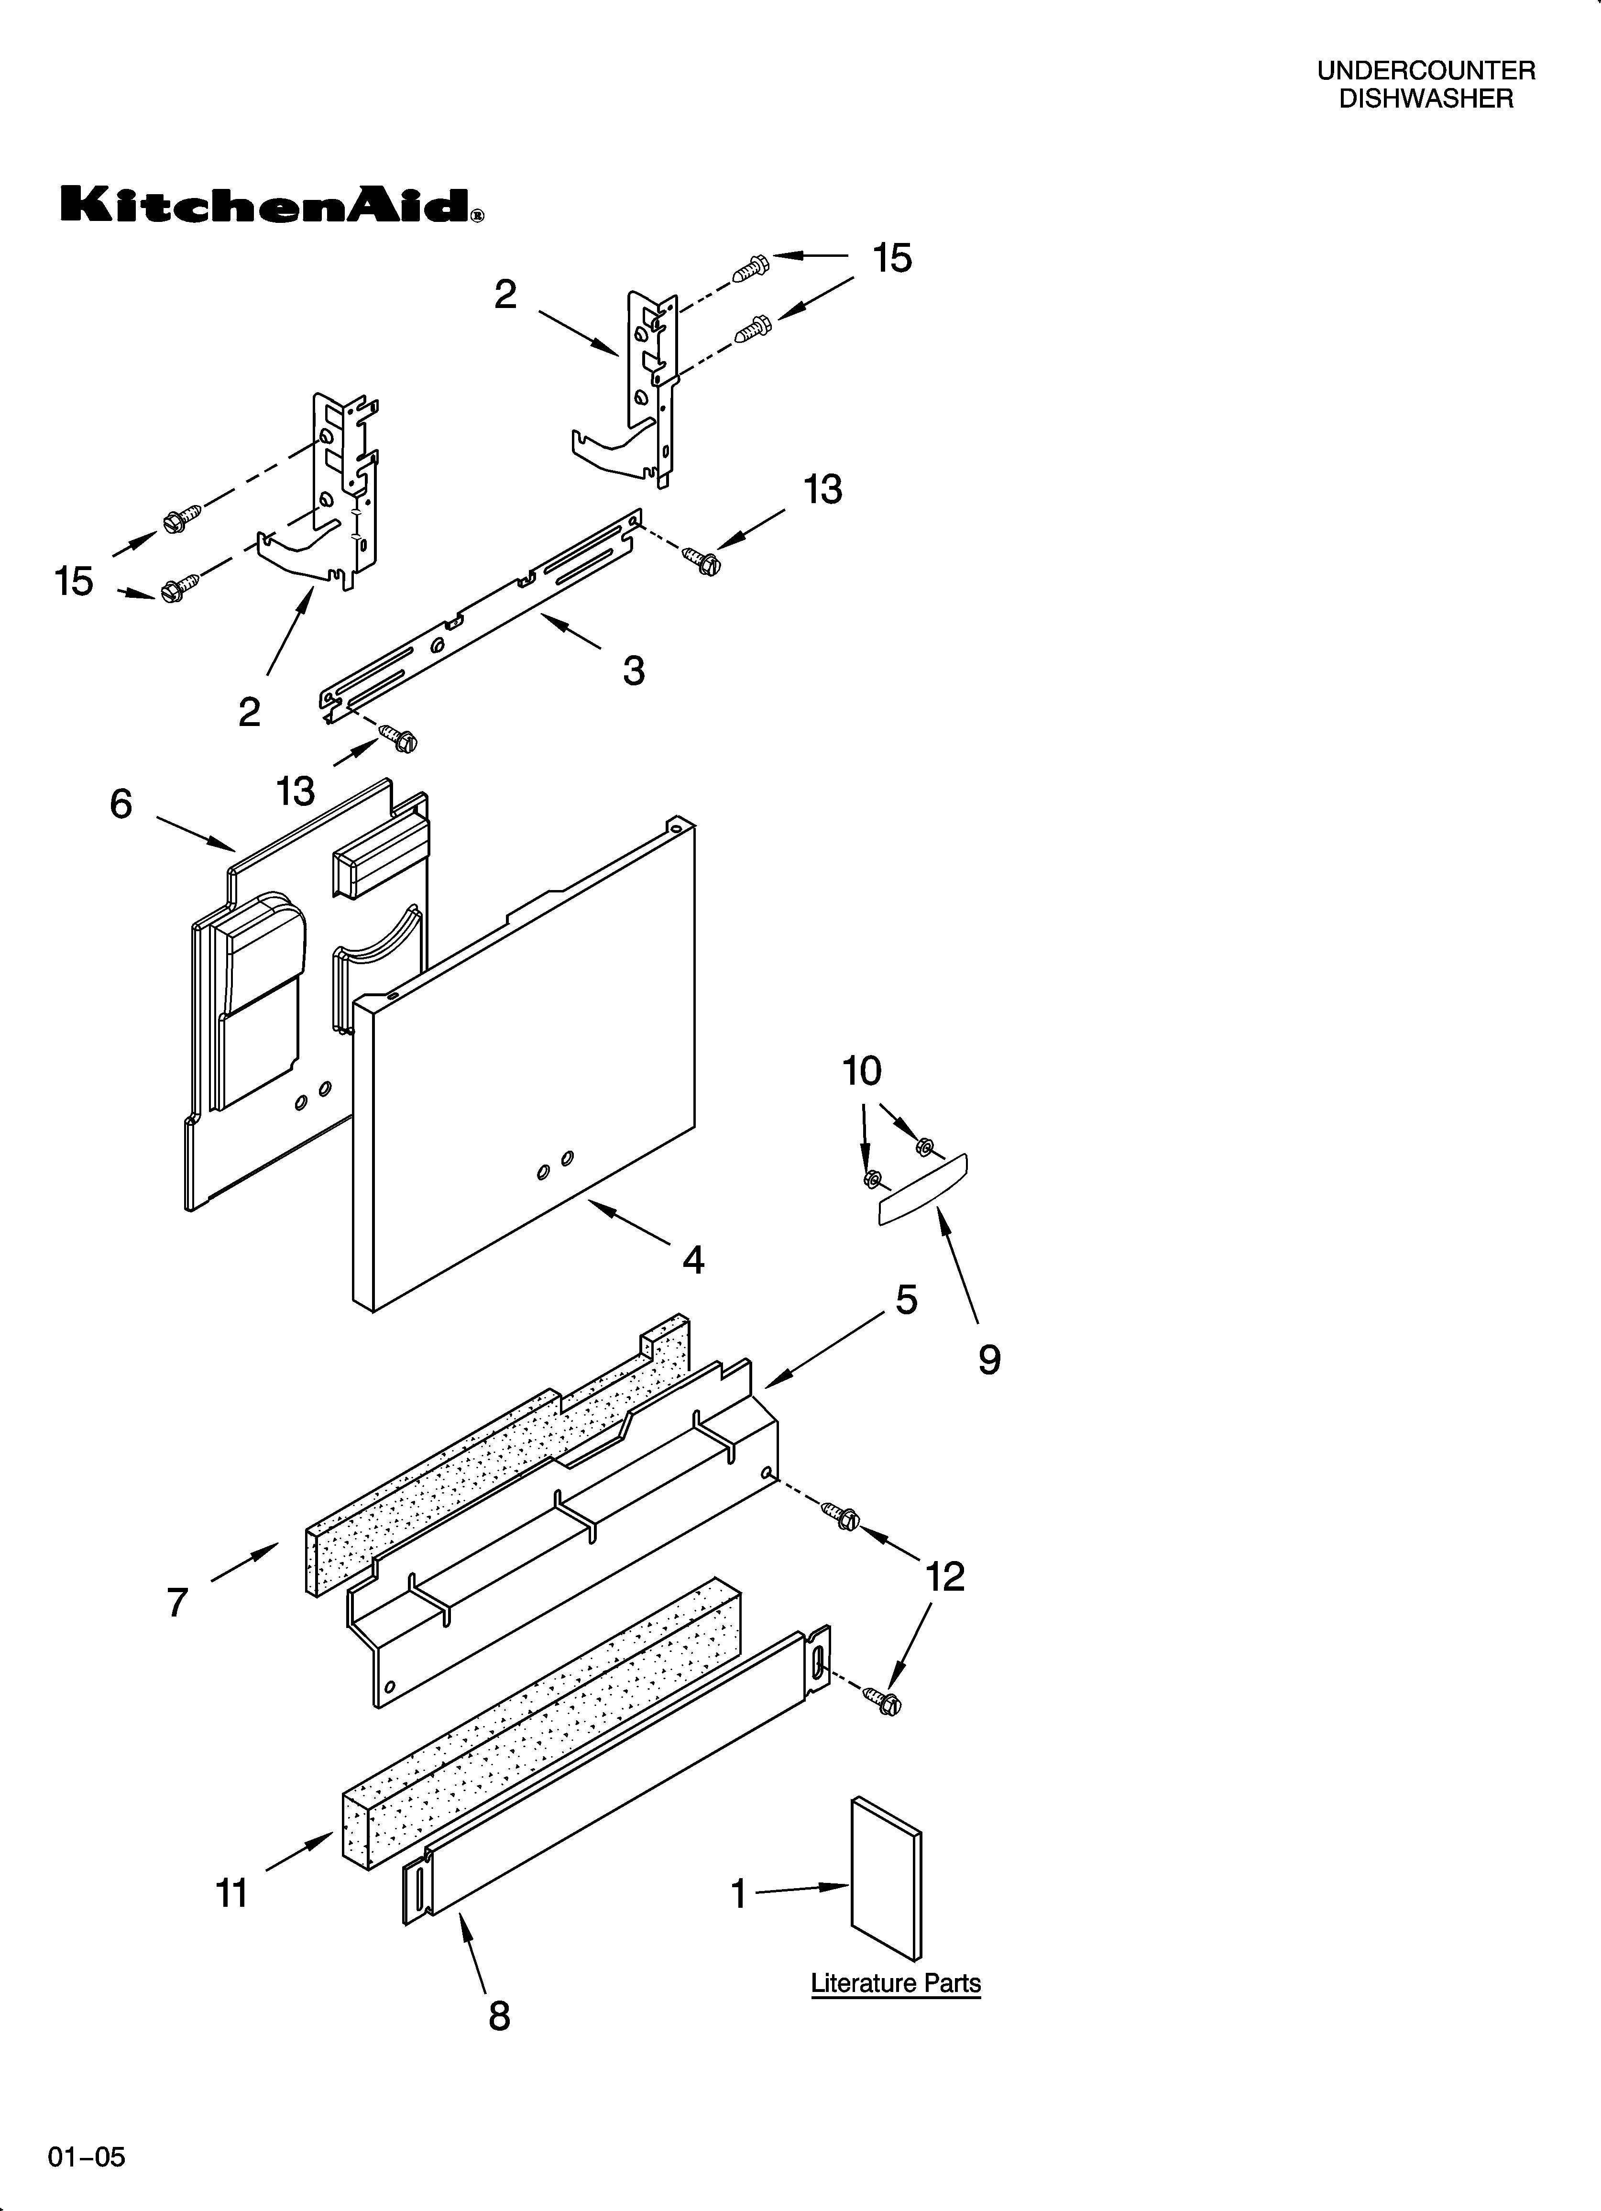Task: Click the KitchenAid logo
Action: pyautogui.click(x=271, y=206)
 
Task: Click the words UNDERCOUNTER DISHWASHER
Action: pyautogui.click(x=1426, y=85)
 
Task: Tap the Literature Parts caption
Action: pyautogui.click(x=895, y=1983)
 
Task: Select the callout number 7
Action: pyautogui.click(x=176, y=1602)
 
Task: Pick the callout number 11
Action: pyautogui.click(x=232, y=1893)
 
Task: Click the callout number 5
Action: pyautogui.click(x=906, y=1299)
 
